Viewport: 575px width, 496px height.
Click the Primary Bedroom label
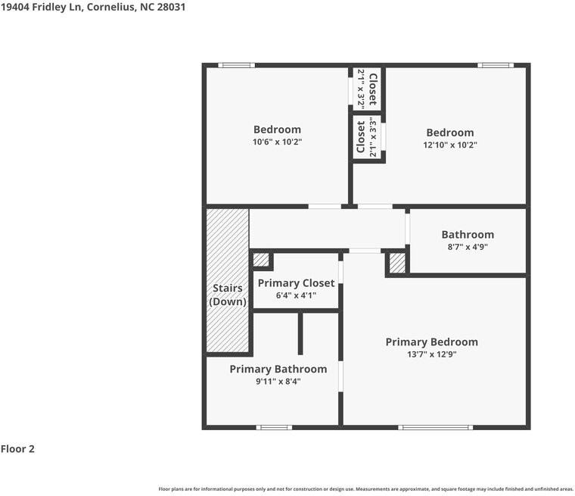point(431,342)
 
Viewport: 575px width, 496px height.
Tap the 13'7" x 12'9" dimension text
point(431,354)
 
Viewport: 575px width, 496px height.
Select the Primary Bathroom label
point(278,369)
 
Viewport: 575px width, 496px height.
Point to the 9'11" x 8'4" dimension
point(278,382)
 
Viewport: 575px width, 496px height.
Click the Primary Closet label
point(297,283)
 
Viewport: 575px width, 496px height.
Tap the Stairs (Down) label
point(228,295)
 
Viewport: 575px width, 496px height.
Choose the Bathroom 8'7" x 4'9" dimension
point(468,247)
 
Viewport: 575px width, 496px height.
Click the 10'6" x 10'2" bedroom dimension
point(277,142)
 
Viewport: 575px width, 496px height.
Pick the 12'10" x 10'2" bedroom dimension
point(450,145)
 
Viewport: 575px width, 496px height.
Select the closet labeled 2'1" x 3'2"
point(368,89)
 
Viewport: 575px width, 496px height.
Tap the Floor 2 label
point(17,449)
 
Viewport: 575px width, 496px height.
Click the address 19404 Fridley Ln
point(42,7)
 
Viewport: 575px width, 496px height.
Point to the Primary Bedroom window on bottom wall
point(435,427)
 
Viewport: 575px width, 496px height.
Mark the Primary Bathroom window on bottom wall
point(274,427)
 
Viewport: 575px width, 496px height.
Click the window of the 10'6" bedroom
point(237,65)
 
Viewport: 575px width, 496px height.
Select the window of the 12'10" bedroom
point(496,65)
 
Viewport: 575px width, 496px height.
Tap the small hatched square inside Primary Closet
point(261,260)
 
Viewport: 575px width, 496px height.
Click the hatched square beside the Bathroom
point(397,263)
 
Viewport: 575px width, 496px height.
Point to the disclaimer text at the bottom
point(365,489)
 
